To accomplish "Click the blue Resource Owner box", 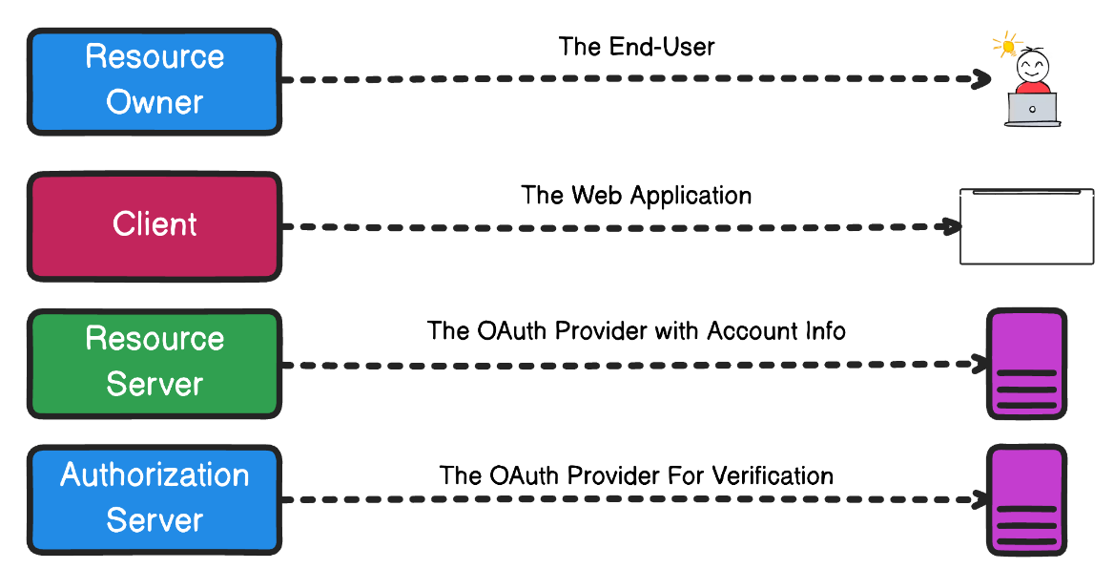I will (155, 80).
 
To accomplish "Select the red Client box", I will (155, 225).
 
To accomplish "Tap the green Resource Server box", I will (155, 363).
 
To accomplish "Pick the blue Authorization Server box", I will (155, 499).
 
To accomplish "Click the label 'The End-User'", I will (636, 47).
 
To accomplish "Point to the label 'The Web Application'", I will (636, 196).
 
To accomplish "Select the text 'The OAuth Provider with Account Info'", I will (636, 331).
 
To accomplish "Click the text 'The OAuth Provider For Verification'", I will (636, 475).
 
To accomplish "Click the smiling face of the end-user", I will (1032, 68).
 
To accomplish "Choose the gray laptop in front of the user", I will (1032, 109).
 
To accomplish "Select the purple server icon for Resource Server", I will (1026, 363).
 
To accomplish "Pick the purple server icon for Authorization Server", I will (1026, 499).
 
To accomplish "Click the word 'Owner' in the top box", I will (155, 102).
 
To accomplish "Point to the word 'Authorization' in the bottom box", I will (155, 475).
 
